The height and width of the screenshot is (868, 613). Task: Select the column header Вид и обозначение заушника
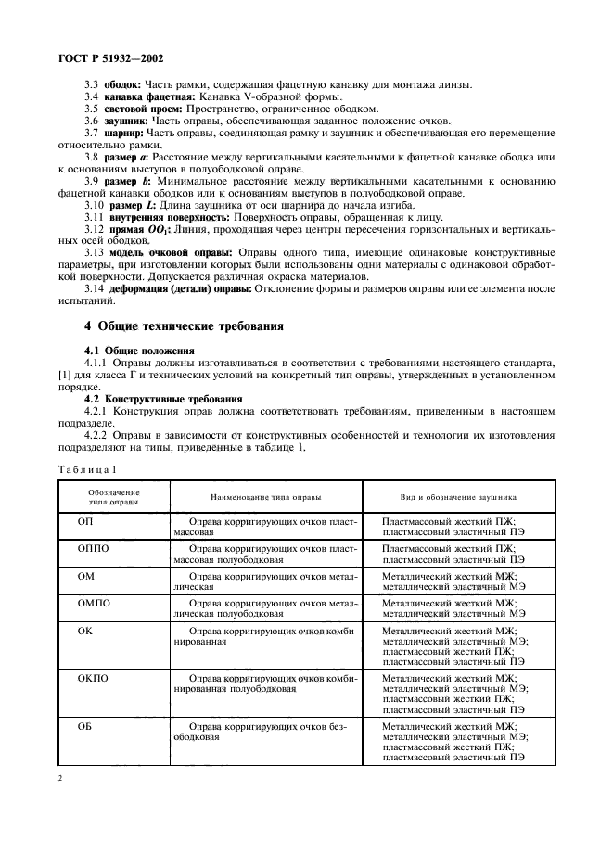click(x=458, y=496)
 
